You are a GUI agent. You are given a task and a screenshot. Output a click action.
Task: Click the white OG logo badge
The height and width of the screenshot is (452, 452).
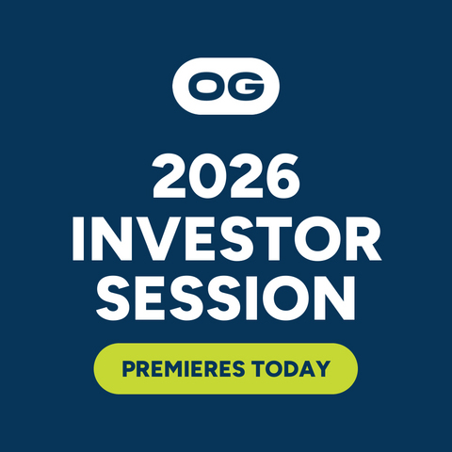click(226, 86)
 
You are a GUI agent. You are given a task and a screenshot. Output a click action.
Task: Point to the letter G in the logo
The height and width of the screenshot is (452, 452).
click(247, 87)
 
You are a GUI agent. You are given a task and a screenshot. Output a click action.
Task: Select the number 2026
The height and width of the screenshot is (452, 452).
click(226, 176)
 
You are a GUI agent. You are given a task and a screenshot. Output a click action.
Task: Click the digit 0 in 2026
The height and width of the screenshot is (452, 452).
click(207, 176)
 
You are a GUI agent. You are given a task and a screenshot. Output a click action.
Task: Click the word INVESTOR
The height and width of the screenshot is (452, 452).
click(227, 238)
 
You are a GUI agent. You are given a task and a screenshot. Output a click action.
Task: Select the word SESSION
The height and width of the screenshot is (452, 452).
click(226, 299)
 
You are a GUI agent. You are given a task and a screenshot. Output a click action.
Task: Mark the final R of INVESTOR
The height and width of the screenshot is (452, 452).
click(363, 238)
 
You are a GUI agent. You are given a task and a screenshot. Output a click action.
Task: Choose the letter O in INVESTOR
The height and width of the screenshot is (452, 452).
click(316, 238)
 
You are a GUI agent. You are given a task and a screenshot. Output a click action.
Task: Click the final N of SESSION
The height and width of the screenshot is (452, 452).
click(336, 299)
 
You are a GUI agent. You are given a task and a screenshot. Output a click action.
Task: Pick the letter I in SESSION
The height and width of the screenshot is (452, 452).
click(253, 299)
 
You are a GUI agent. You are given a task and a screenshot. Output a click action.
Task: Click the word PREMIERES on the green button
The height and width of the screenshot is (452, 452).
click(184, 369)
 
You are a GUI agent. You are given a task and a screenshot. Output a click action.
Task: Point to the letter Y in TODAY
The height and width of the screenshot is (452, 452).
click(322, 369)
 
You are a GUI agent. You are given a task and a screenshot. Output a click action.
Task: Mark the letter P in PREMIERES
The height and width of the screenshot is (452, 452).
click(128, 369)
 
